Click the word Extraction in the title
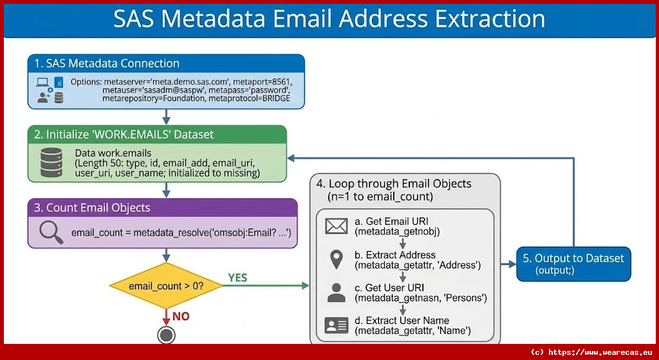point(490,19)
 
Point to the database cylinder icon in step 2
point(51,162)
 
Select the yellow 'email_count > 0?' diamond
point(166,285)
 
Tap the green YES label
point(237,278)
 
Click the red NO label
point(181,316)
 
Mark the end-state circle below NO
point(167,335)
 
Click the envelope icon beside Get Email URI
point(336,226)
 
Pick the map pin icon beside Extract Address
point(336,260)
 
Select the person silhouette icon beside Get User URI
point(336,292)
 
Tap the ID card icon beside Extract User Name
point(336,325)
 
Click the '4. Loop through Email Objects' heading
point(394,184)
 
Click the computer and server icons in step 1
point(50,90)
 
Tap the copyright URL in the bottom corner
point(592,352)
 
